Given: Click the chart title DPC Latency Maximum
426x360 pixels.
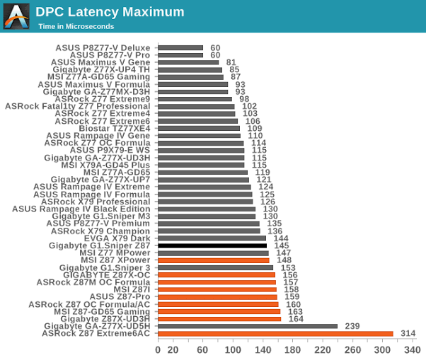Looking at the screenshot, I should pos(110,12).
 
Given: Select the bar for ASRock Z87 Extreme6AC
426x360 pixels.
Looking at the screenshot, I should pos(275,333).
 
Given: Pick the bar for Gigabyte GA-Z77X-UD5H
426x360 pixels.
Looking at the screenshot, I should pos(247,326).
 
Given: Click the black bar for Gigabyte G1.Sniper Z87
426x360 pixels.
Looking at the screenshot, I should pos(212,245).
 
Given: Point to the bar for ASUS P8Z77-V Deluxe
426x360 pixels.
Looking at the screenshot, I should pos(180,47).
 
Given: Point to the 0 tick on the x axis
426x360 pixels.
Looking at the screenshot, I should pos(158,349).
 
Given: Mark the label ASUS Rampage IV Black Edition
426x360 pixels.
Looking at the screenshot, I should pos(81,209).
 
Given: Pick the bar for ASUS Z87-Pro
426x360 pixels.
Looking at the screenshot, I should pos(217,296).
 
